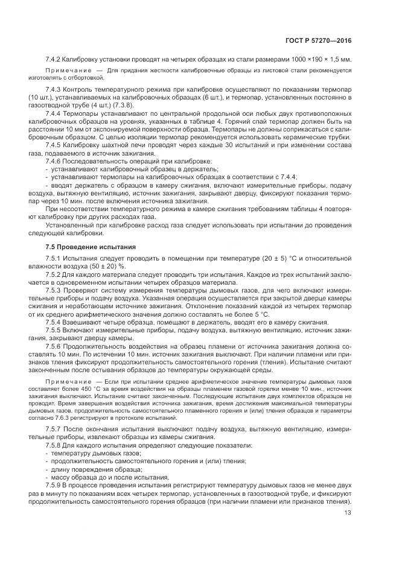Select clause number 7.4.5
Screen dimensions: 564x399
pos(54,147)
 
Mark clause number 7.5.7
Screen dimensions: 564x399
pos(54,429)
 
